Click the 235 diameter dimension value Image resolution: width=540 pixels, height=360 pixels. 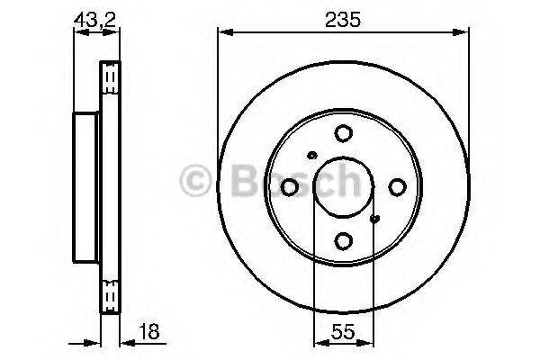(343, 18)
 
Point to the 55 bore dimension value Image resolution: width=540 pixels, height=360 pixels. (343, 332)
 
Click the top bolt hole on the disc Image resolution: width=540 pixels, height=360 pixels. (343, 133)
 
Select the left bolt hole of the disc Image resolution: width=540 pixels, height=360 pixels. (290, 186)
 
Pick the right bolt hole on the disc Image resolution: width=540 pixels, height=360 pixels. (397, 186)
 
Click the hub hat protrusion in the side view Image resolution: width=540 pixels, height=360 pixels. (85, 186)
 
